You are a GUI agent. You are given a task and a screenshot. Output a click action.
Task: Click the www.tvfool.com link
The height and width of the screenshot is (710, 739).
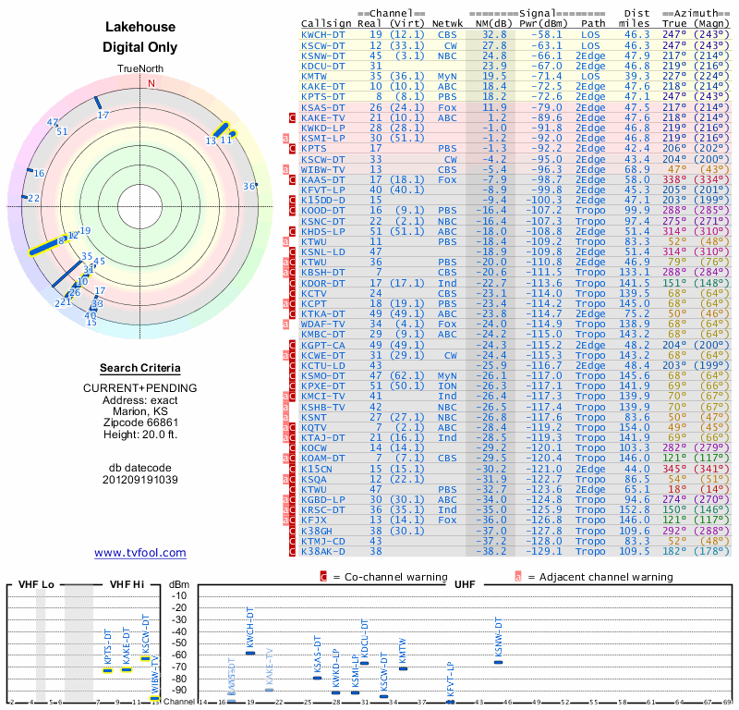[x=140, y=553]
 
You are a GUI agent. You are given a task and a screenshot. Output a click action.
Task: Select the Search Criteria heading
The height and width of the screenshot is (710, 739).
[x=140, y=367]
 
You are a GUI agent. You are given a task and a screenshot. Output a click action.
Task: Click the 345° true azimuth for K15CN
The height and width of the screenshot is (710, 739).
[x=675, y=469]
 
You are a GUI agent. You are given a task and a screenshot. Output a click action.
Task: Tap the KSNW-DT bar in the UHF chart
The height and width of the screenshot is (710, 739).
[x=500, y=662]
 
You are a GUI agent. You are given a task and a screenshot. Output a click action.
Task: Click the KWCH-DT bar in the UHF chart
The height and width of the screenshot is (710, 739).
[x=249, y=653]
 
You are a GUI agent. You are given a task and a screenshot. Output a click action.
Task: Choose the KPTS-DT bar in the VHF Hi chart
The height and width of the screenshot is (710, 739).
[x=108, y=669]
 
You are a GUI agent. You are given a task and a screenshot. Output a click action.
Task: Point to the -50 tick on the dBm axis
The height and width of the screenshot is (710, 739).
[x=178, y=643]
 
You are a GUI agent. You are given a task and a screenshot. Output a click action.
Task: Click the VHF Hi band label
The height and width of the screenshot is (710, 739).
[x=126, y=584]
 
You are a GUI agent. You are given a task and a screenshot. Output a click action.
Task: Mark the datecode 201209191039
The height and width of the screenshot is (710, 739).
[x=140, y=480]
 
